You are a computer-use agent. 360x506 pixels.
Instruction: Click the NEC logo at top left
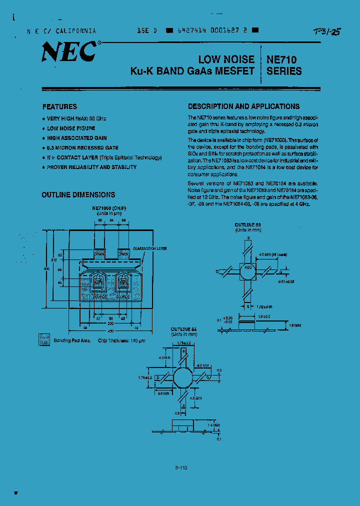pos(68,51)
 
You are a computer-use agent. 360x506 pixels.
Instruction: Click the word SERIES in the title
pos(284,71)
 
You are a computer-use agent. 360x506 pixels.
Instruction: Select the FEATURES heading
pos(59,106)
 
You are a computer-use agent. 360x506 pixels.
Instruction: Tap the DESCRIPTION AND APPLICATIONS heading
pos(243,106)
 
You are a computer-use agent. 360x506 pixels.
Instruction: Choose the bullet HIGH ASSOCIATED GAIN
pos(76,138)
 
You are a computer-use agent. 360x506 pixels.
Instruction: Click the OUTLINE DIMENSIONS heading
pos(78,195)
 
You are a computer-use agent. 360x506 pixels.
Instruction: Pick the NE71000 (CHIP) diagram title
pos(109,207)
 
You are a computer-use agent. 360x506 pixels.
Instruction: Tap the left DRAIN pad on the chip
pos(98,254)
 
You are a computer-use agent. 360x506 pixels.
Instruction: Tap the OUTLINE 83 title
pos(247,225)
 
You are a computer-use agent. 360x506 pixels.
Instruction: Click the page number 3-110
pos(181,467)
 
